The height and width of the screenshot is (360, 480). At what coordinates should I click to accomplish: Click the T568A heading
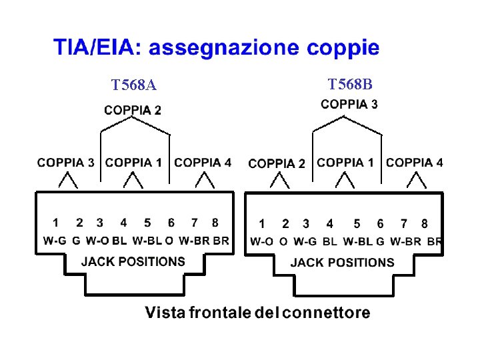pos(134,85)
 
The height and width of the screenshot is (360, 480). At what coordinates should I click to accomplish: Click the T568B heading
pos(350,84)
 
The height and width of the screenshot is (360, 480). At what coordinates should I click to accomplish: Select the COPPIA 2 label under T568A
pos(132,110)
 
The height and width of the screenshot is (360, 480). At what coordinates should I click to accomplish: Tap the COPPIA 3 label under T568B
pos(349,104)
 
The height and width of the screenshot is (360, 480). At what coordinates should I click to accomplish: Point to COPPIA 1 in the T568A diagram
pos(133,162)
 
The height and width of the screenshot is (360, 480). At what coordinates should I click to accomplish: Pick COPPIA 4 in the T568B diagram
pos(414,162)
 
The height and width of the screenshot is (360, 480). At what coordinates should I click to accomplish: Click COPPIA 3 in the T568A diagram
pos(65,162)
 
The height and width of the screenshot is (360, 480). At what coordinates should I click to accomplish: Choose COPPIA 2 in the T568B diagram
pos(277,163)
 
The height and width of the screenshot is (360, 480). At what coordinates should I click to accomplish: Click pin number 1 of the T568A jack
pos(55,223)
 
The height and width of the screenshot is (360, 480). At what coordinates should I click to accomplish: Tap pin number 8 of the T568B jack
pos(425,224)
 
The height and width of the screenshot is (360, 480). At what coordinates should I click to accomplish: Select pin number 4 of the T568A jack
pos(123,223)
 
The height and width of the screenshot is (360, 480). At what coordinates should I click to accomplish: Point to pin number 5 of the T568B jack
pos(357,224)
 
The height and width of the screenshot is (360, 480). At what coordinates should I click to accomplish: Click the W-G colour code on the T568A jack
pos(54,241)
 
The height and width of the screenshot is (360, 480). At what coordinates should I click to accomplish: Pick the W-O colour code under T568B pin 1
pos(261,241)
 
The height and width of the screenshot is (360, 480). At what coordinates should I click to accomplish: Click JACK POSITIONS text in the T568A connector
pos(133,261)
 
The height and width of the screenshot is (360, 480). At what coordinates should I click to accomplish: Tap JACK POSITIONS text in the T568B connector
pos(342,263)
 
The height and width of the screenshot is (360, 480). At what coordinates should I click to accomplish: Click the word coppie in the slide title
pos(343,48)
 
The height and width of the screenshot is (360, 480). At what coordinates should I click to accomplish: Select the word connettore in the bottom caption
pos(325,313)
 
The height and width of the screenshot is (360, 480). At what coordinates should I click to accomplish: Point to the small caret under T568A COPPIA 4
pos(203,180)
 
